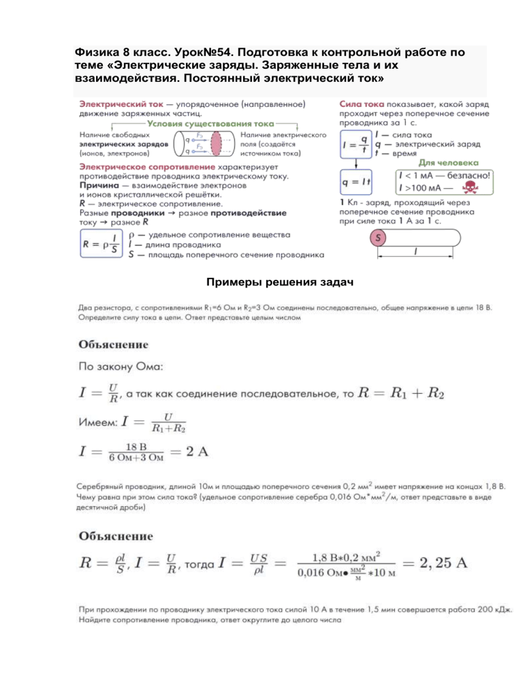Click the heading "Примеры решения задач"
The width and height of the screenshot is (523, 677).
pos(262,282)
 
